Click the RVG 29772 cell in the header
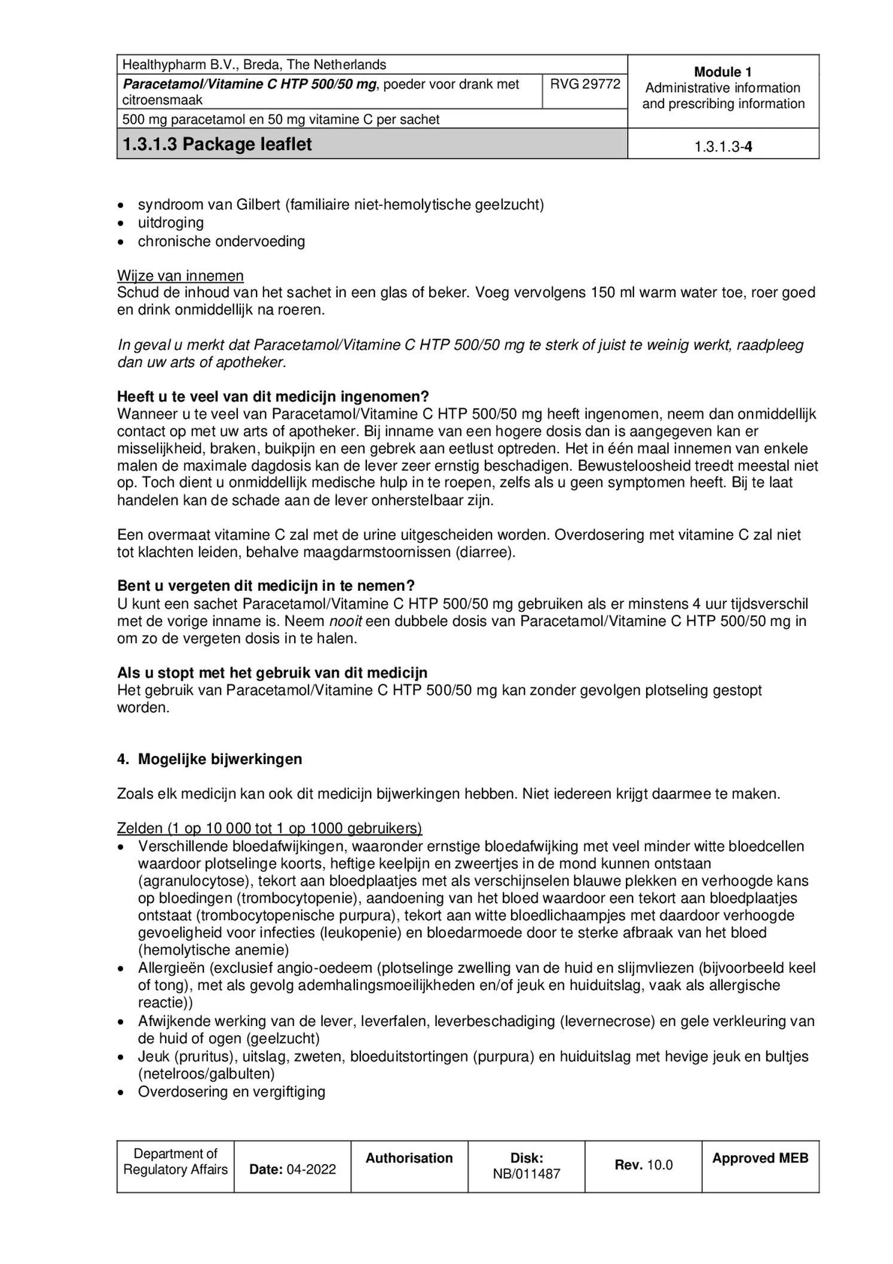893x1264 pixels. (585, 84)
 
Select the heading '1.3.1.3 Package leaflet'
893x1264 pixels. (217, 144)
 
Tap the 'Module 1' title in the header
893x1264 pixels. (722, 72)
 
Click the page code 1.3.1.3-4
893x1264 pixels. (722, 146)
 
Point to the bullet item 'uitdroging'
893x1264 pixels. (170, 222)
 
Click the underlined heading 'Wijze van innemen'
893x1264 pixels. (180, 276)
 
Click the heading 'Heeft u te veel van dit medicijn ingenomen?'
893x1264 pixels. (273, 396)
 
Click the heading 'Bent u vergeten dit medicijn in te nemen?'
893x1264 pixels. (265, 585)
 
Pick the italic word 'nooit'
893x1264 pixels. (345, 621)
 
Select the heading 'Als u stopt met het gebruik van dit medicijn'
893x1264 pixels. (272, 673)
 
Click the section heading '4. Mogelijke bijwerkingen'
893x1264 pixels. (210, 759)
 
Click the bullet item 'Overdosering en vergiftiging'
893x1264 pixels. (231, 1091)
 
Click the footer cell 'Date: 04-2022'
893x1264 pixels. (292, 1169)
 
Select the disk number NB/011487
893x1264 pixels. (526, 1174)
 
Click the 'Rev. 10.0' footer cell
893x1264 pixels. (643, 1165)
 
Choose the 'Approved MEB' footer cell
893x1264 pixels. (760, 1158)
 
